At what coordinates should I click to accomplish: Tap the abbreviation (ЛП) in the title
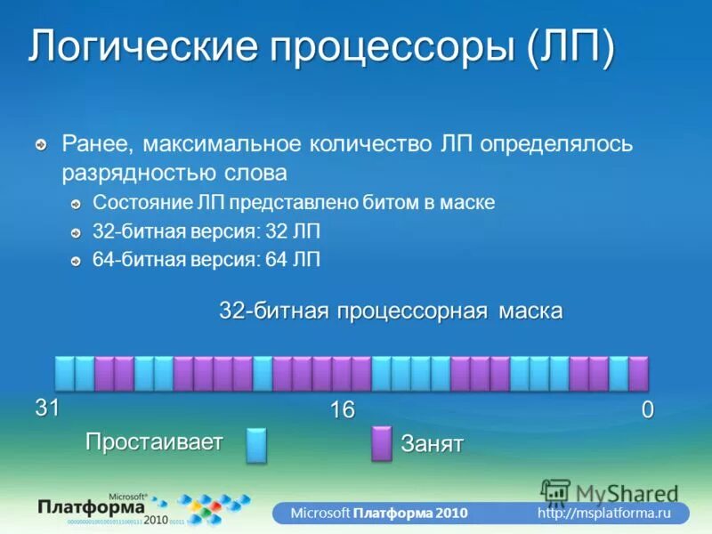570,48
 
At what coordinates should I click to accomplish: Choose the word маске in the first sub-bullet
466,203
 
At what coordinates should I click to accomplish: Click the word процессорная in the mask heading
415,311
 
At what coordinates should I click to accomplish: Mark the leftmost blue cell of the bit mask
65,374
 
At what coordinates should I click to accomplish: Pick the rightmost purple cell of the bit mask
638,374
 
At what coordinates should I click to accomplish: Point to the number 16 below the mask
343,410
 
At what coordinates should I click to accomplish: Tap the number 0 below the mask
647,410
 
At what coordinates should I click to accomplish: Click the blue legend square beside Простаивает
256,444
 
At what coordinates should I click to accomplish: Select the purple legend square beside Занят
381,443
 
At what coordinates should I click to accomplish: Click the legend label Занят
433,444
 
